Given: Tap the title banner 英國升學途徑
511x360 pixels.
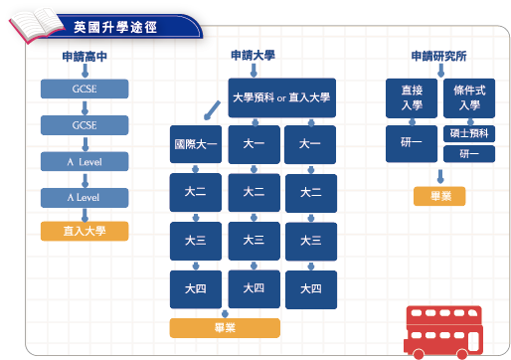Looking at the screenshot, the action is click(114, 24).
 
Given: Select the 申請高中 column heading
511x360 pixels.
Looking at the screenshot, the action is click(85, 57).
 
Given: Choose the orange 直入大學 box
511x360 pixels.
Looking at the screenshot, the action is click(85, 232).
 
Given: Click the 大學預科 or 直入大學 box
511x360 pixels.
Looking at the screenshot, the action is click(281, 96).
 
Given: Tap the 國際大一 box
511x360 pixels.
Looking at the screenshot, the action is click(195, 144).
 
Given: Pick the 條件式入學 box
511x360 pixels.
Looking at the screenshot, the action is click(468, 97).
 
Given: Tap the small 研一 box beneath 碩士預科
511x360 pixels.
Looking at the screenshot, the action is click(468, 153).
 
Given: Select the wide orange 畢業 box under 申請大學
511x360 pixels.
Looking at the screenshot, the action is click(225, 327).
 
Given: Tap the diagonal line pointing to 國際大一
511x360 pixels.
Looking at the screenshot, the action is click(211, 108).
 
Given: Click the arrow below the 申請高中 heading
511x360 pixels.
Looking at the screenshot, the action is click(85, 72).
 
